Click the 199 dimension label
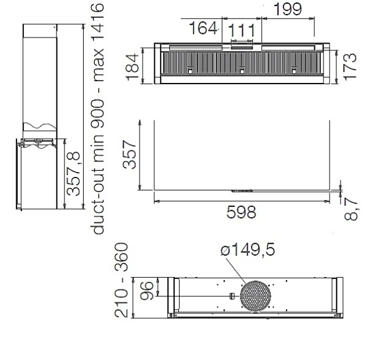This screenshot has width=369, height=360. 288,9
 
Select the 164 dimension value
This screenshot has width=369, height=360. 203,28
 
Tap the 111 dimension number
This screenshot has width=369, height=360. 242,30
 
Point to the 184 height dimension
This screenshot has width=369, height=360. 132,67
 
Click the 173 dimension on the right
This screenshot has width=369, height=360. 350,67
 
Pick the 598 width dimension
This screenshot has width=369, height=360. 241,212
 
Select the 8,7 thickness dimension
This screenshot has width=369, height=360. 351,209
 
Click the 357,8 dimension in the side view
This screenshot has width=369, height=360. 74,173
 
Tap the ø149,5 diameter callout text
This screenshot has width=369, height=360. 248,249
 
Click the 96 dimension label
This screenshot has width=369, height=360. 146,291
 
